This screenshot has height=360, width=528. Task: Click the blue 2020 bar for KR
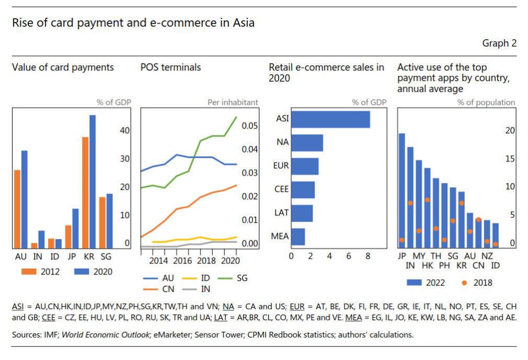[x=93, y=182]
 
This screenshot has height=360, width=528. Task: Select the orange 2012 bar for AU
[x=17, y=209]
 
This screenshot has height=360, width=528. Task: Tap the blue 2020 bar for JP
[x=76, y=228]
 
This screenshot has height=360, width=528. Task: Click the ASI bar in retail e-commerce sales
[x=330, y=120]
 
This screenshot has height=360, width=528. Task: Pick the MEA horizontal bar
[x=298, y=237]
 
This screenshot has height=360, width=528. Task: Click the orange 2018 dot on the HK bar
[x=427, y=200]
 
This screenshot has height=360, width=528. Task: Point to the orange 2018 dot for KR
[x=461, y=203]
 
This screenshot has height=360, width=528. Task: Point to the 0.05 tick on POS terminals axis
[x=250, y=126]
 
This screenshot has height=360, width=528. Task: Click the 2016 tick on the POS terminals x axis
[x=182, y=260]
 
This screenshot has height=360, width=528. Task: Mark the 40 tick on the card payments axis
[x=123, y=130]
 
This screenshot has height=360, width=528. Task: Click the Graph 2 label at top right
[x=499, y=43]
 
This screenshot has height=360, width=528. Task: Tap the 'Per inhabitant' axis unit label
[x=233, y=102]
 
